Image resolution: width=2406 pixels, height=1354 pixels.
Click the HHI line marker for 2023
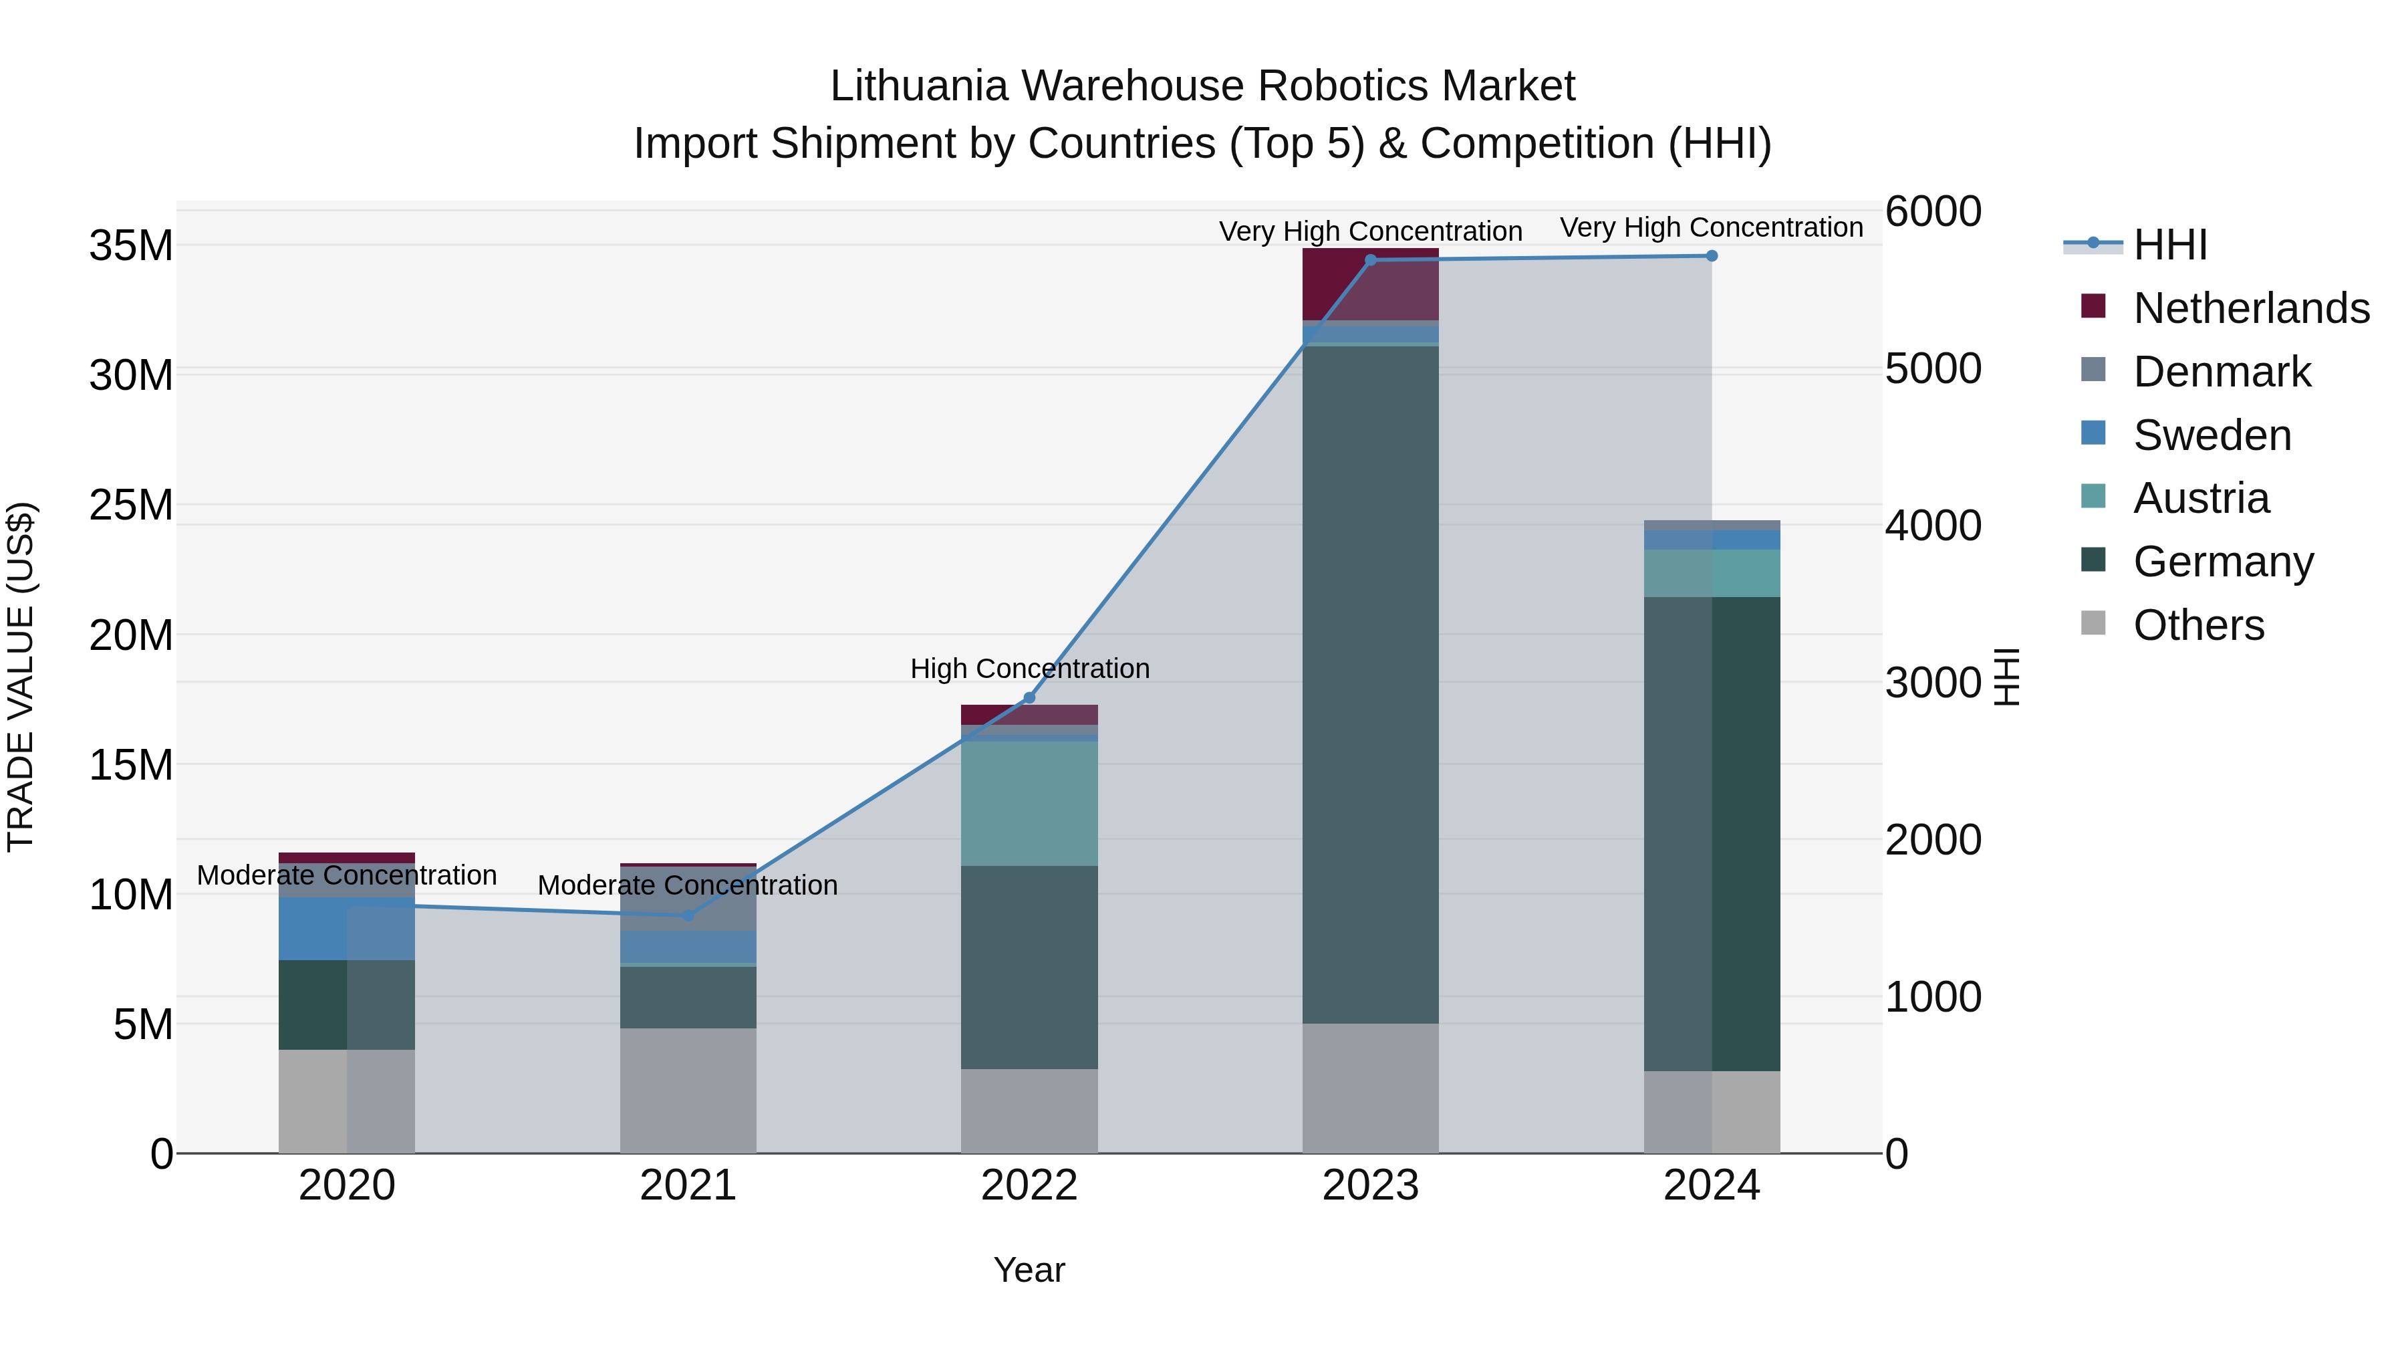click(x=1370, y=261)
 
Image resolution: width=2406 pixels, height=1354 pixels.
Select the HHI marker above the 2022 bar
click(x=1029, y=698)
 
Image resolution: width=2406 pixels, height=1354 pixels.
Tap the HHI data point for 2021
click(x=688, y=915)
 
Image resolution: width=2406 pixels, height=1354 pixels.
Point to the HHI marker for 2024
click(x=1711, y=256)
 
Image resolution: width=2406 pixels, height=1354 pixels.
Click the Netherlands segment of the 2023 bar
click(x=1370, y=284)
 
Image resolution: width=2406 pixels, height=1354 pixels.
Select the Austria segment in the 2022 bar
click(x=1029, y=804)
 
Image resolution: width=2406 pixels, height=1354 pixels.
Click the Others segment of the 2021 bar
click(x=688, y=1091)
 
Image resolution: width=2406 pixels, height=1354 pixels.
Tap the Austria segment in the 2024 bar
click(x=1711, y=573)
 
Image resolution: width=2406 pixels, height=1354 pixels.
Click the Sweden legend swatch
click(x=2093, y=433)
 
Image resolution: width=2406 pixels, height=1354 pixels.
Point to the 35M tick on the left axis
click(x=131, y=246)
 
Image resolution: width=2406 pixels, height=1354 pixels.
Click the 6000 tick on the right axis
click(x=1932, y=211)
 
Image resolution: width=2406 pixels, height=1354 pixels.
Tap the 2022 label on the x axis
click(x=1029, y=1186)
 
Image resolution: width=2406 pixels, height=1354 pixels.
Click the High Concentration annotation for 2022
click(x=1029, y=669)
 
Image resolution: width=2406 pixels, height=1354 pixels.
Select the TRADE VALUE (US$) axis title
click(x=21, y=677)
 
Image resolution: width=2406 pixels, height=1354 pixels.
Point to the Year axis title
click(x=1029, y=1270)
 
